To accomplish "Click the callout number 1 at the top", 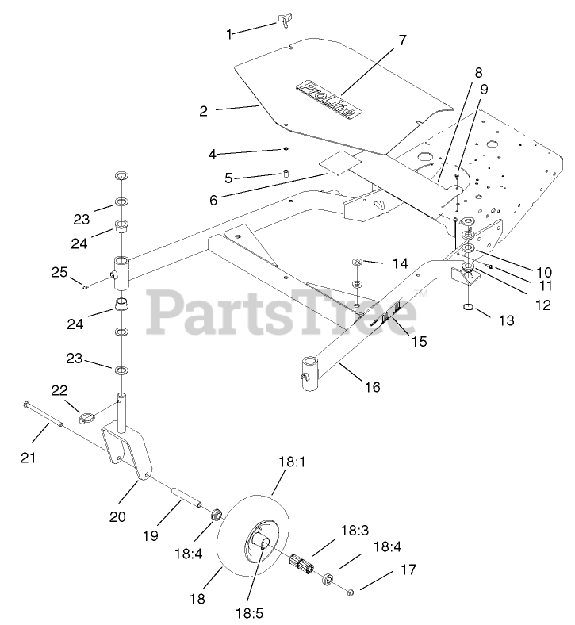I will (229, 34).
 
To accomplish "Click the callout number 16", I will (374, 388).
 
